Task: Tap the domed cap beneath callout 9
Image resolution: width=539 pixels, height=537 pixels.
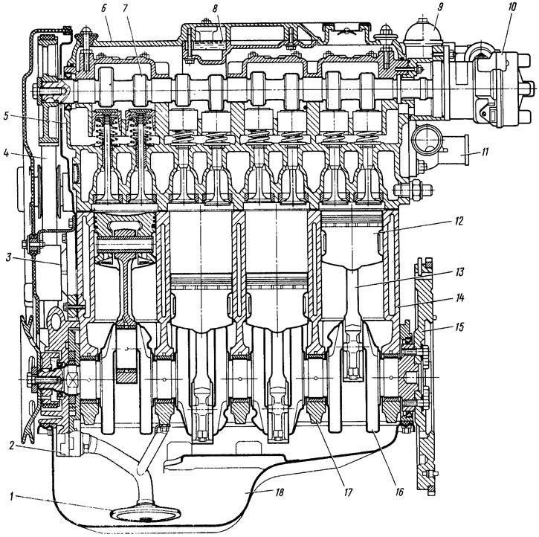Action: (420, 31)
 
